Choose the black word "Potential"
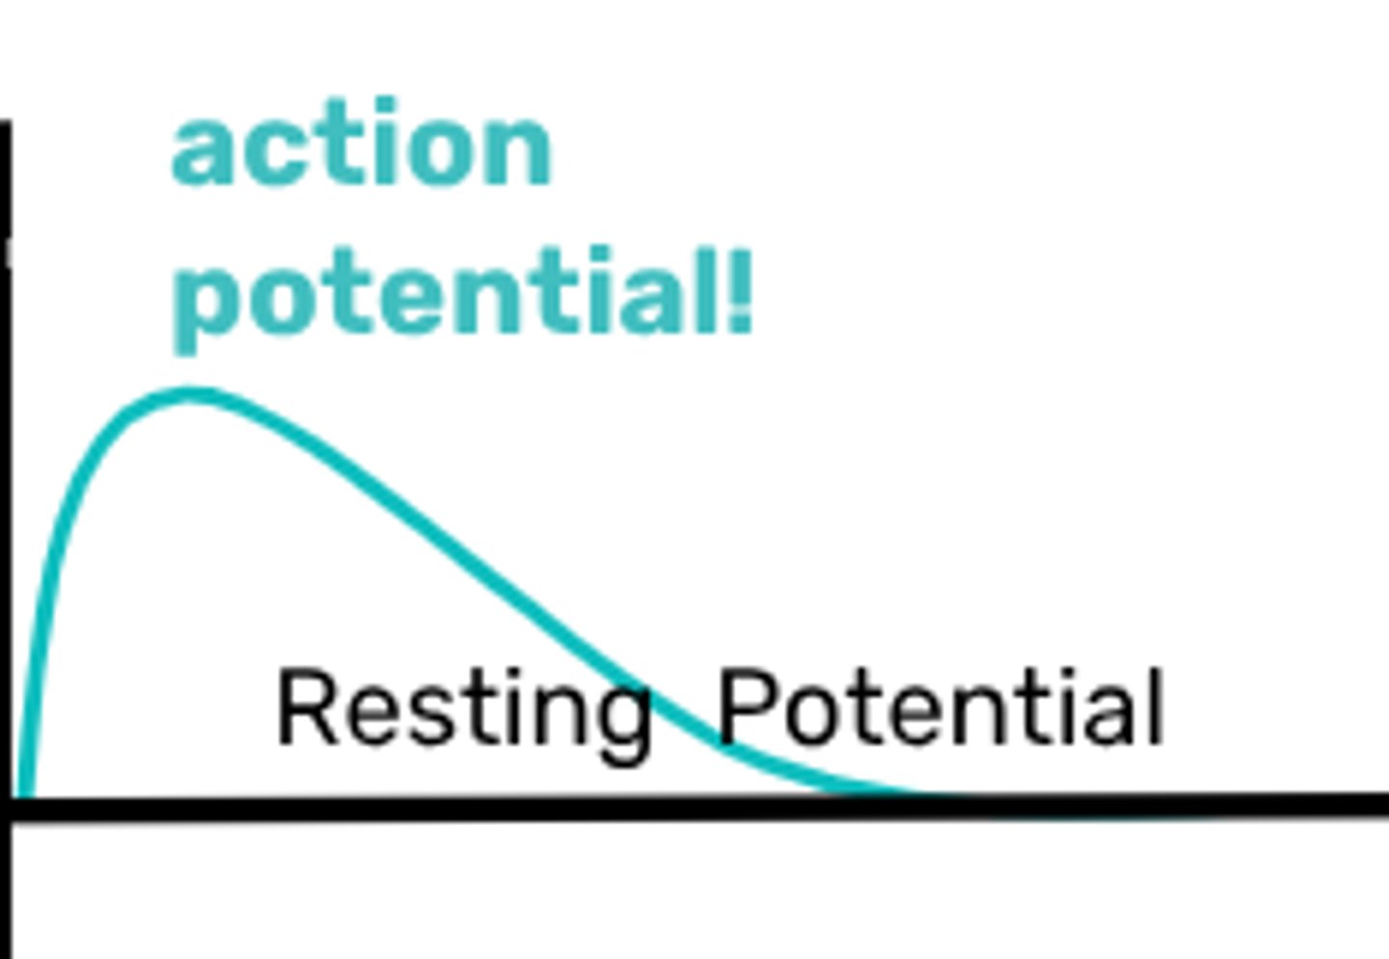click(x=941, y=708)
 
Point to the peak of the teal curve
click(x=188, y=394)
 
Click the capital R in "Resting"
click(x=307, y=708)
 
